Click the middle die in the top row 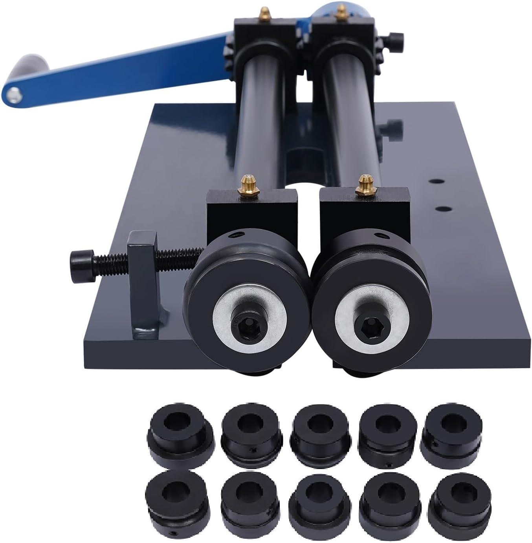coord(318,428)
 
